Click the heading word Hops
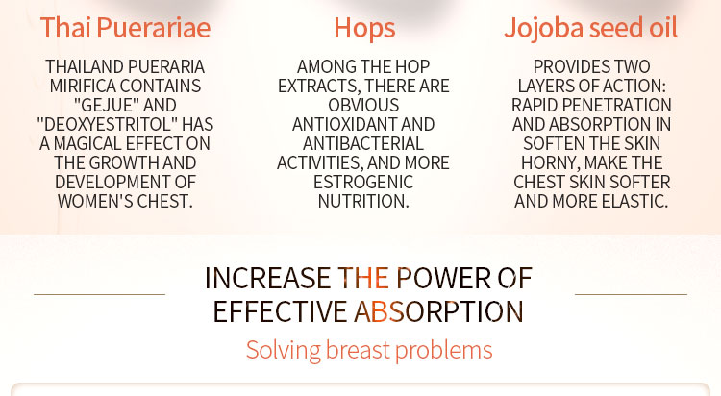[364, 29]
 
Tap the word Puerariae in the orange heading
[154, 29]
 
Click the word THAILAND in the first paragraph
[82, 66]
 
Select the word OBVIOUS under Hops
[363, 106]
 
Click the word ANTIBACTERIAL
[363, 144]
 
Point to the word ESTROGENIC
[363, 182]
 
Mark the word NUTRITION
[363, 202]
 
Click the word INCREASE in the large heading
[267, 278]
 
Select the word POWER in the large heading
[444, 278]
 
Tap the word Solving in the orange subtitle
[284, 350]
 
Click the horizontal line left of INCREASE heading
[99, 294]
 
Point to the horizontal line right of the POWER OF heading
[631, 294]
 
